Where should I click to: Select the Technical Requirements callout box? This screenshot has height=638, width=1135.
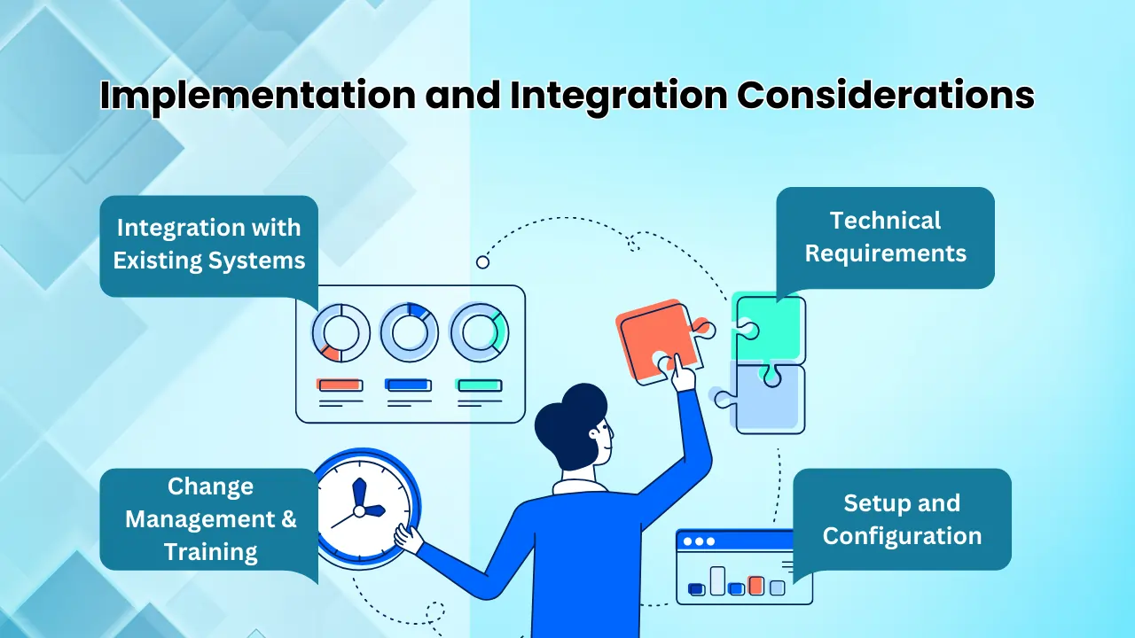coord(885,237)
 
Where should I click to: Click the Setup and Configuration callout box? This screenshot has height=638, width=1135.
coord(902,519)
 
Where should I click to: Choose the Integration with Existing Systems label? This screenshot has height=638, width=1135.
coord(208,245)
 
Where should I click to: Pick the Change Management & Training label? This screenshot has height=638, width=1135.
coord(210,519)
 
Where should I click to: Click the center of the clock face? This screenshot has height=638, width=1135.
coord(359,510)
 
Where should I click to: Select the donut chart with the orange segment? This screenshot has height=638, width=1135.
coord(340,333)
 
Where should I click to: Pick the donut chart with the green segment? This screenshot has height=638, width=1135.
coord(479,333)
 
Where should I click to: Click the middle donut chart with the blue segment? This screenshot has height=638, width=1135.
coord(410,333)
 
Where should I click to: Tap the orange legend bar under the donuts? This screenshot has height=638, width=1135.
coord(340,385)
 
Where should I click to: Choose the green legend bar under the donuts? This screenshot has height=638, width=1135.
coord(479,385)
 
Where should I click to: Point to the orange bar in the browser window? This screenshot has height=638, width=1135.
coord(755,585)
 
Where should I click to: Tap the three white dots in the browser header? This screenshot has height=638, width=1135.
coord(698,541)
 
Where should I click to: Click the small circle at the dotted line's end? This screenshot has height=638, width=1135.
coord(482,261)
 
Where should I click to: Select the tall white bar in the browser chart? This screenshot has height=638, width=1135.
coord(717,580)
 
